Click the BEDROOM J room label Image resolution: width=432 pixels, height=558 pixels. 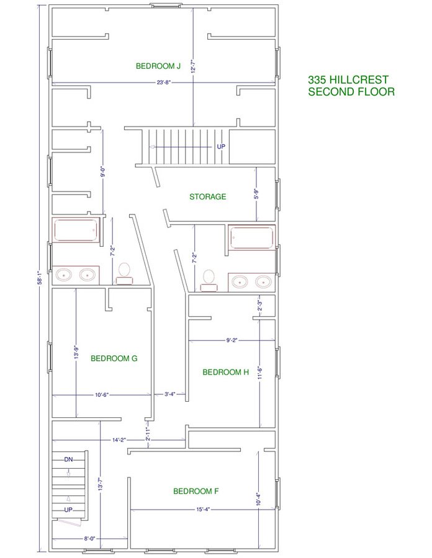point(158,66)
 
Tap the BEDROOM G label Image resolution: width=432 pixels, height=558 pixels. point(114,358)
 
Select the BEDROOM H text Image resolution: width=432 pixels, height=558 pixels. point(225,372)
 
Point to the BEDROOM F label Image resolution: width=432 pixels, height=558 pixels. point(196,491)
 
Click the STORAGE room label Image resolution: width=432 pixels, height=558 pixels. point(208,197)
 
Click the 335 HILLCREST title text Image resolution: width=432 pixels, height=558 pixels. point(348,79)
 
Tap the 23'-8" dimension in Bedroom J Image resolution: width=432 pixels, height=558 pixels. point(164,82)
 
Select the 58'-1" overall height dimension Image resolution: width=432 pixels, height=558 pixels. point(41,278)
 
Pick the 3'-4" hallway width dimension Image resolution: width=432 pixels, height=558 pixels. point(170,394)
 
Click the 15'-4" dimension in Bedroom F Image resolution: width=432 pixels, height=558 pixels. point(203,509)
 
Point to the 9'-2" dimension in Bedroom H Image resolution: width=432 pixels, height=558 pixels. point(232,340)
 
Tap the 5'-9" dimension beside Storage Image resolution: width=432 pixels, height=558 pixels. point(257,194)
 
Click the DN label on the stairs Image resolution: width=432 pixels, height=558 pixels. point(68,459)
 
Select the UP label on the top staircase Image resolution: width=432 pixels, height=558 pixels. point(221,146)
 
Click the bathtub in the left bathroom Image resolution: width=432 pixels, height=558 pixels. point(76,231)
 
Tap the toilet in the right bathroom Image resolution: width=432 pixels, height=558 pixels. point(209,281)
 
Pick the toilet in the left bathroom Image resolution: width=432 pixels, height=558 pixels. point(124,273)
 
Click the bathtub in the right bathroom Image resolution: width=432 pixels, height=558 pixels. point(252,237)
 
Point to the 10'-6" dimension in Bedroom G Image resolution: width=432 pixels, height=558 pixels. point(102,394)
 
